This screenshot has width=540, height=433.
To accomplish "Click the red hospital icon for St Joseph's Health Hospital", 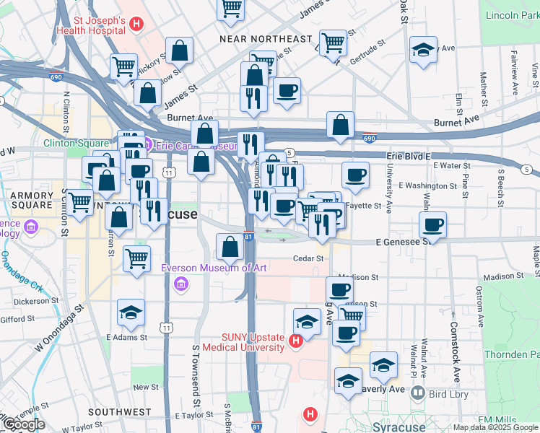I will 136,25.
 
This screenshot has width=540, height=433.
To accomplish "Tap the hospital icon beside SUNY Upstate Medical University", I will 295,341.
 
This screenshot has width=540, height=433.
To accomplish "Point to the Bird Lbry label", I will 448,394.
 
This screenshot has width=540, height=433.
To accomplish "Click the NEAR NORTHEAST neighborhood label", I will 266,38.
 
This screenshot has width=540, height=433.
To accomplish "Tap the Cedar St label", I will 308,258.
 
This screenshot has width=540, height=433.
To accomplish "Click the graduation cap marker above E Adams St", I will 131,312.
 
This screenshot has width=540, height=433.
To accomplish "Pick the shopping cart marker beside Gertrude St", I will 334,43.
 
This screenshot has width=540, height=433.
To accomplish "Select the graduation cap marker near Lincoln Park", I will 423,50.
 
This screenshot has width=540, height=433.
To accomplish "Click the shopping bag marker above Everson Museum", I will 230,247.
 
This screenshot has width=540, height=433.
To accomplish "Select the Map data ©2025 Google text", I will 495,427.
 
